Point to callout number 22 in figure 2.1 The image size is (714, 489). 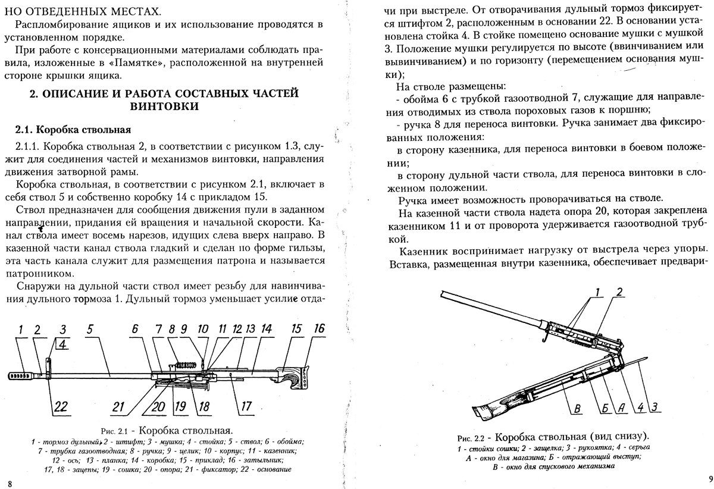click(61, 407)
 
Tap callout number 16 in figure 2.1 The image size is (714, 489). click(320, 329)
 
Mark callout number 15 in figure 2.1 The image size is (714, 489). click(296, 329)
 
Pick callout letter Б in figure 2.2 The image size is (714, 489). click(604, 407)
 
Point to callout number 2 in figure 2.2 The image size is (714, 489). click(619, 292)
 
